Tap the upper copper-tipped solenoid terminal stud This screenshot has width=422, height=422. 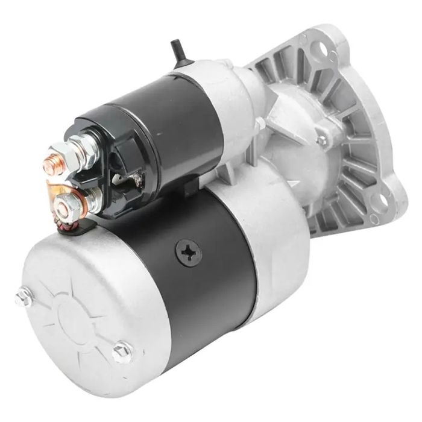pos(51,164)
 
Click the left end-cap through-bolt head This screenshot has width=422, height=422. pos(25,296)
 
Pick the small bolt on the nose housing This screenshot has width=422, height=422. pos(321,140)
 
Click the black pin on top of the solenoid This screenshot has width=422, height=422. pos(177,49)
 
